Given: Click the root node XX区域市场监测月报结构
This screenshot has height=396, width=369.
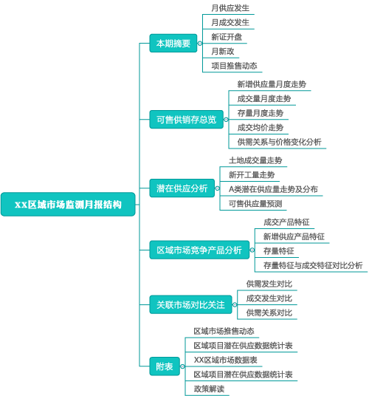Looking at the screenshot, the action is click(68, 205).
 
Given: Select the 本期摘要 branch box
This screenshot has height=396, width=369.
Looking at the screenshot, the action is click(173, 43).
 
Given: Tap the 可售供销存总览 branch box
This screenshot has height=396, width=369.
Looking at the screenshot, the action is click(187, 120).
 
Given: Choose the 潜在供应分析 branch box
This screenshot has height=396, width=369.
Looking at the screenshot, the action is click(182, 188).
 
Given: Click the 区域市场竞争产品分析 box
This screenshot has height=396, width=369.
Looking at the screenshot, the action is click(199, 250).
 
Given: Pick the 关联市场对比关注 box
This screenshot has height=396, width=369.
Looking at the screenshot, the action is click(190, 304).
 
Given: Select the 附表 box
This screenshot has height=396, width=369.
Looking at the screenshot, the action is click(165, 366).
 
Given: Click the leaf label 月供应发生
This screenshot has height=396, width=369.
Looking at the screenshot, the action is click(230, 8).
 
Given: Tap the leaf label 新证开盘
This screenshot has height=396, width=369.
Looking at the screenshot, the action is click(227, 37).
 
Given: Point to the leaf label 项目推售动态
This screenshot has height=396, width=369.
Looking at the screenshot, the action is click(234, 66).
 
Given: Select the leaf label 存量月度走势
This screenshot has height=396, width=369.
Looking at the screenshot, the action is click(261, 113).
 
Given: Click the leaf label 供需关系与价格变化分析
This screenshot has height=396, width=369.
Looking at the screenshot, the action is click(279, 142).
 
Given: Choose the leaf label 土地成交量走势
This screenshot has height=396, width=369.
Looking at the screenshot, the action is click(255, 160).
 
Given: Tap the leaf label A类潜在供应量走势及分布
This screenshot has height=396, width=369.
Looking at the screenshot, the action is click(273, 189).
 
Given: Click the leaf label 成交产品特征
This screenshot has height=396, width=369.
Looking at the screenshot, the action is click(286, 222).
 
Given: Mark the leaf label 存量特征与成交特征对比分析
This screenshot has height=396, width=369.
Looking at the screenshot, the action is click(313, 265).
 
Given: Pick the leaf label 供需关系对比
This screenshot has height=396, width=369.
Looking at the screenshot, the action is click(269, 313).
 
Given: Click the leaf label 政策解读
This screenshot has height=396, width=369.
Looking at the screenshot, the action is click(209, 389).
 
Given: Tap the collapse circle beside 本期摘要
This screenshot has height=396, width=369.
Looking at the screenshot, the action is click(200, 44).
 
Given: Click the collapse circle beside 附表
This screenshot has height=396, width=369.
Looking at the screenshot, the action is click(182, 366).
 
